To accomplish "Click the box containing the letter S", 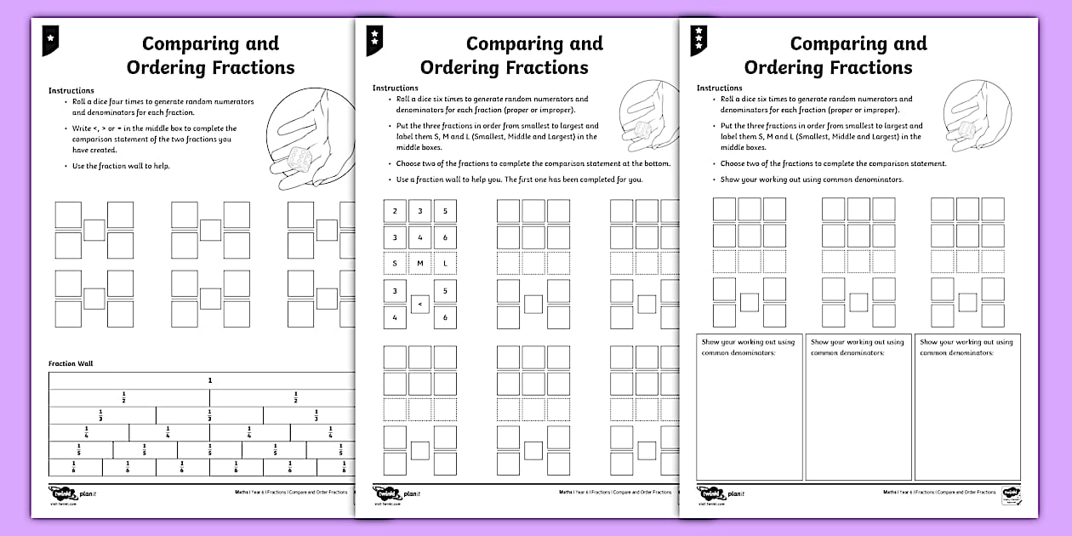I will [395, 264].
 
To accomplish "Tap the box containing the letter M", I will [420, 264].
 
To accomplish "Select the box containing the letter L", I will [445, 264].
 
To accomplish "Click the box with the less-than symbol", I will [420, 304].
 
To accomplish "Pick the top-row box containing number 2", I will [395, 212].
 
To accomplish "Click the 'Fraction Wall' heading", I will [71, 363].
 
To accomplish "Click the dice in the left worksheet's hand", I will [300, 158].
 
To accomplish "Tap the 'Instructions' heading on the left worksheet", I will [71, 90].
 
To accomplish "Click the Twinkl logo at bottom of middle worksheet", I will [390, 493].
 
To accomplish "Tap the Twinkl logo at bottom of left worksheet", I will [66, 493].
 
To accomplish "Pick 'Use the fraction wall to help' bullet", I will [121, 166].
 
